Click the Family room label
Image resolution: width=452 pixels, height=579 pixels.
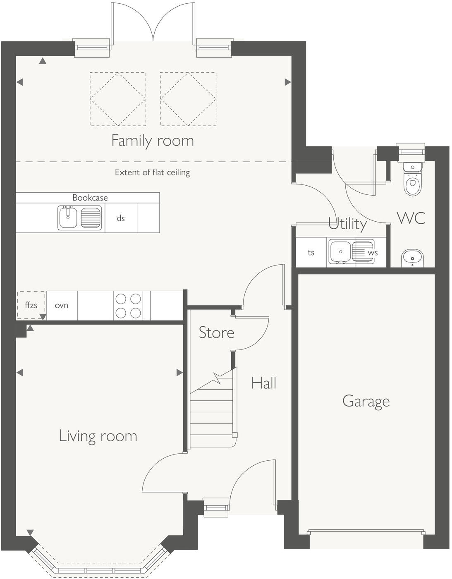coord(153,141)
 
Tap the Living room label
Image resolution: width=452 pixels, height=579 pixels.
coord(98,436)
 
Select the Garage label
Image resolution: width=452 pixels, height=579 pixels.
coord(366,401)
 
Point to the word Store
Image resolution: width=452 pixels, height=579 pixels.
coord(216,333)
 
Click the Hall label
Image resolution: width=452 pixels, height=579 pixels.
coord(263,383)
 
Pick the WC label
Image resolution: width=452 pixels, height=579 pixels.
coord(411,218)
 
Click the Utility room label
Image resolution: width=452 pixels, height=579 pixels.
coord(347,224)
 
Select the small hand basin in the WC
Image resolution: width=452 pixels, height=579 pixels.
coord(412,258)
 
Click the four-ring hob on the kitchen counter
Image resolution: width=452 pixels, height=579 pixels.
coord(128,306)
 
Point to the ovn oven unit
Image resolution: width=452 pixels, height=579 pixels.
coord(62,306)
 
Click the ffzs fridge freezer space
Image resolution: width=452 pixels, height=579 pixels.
coord(31,305)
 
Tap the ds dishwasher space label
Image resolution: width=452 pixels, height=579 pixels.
coord(121,218)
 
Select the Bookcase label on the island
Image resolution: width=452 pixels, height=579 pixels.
coord(90,198)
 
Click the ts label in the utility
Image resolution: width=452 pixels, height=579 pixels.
coord(311,253)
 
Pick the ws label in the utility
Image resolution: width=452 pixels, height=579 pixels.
coord(373,253)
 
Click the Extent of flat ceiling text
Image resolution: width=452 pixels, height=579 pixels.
coord(152,172)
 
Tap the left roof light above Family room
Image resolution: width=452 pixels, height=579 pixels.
coord(118,99)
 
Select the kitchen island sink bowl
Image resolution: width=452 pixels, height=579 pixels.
coord(68,218)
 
